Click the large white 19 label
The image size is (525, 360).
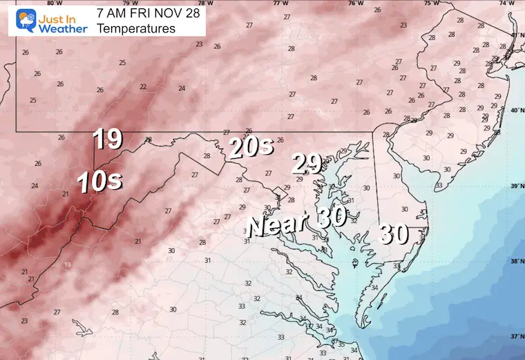pos(108,140)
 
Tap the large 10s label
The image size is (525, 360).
pos(100,181)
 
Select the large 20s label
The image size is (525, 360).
pos(252,147)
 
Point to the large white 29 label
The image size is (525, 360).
pos(307,164)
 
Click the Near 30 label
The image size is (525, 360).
pos(298,226)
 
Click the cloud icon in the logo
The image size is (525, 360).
pos(18,19)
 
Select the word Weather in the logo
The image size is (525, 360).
pos(62,28)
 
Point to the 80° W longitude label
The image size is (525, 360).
pos(48,3)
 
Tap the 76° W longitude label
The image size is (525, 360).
pos(355,3)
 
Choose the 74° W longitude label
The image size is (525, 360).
pos(508,3)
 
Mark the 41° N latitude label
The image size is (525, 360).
pos(515,35)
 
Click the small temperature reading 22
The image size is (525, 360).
pos(143,87)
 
